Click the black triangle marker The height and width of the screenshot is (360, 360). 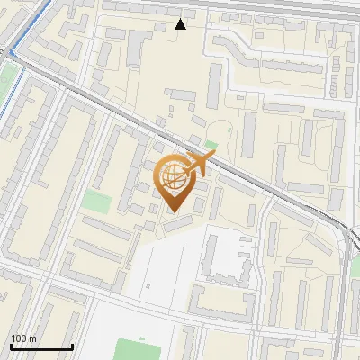click(180, 24)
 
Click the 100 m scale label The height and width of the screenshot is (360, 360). click(23, 338)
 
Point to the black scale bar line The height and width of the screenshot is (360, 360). click(41, 346)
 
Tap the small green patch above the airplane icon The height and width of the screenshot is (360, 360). click(211, 144)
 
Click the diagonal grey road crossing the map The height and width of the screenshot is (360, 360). click(135, 117)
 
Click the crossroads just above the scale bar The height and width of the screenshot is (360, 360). click(36, 281)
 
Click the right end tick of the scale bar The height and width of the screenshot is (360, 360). click(72, 346)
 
